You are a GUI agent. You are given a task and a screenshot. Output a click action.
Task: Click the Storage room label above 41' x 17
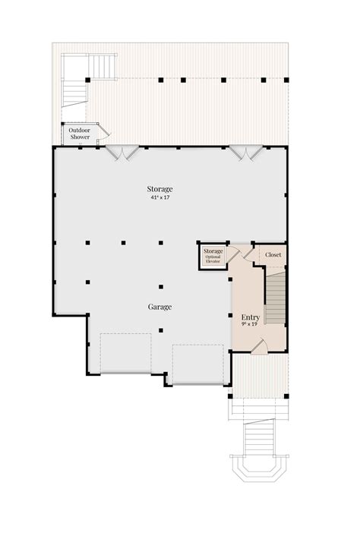(160, 188)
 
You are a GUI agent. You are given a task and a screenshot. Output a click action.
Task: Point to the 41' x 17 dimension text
(160, 197)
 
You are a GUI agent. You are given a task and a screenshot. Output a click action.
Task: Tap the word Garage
(159, 307)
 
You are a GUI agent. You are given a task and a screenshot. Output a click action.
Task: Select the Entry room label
(251, 317)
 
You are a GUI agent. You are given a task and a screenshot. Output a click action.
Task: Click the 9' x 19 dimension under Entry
(251, 325)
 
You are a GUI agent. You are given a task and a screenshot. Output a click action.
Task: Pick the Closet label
(273, 255)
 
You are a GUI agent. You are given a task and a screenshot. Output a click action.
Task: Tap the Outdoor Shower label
(79, 134)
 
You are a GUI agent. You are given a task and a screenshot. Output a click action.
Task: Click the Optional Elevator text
(213, 260)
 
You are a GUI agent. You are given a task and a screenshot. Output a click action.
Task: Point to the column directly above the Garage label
(161, 287)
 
